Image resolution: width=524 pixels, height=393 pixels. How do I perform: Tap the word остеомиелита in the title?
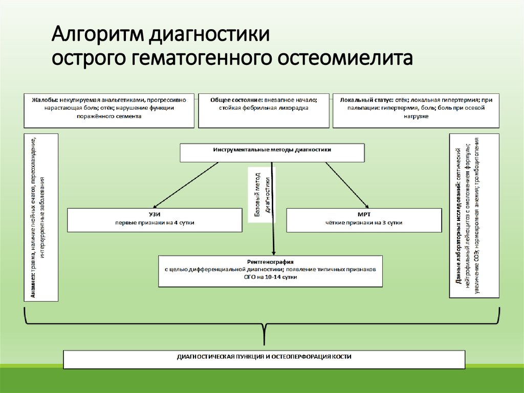(344, 58)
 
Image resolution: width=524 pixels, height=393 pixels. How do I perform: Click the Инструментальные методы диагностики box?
(272, 150)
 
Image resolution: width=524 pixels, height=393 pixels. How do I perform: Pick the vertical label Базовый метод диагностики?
(261, 195)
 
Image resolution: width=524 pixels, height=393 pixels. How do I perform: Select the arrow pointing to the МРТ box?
(348, 186)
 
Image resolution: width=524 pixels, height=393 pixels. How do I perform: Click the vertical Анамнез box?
(41, 217)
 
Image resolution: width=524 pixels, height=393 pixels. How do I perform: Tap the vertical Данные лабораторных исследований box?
(474, 215)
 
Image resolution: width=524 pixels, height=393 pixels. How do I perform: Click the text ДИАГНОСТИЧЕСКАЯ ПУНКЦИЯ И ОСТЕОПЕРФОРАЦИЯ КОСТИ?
(264, 356)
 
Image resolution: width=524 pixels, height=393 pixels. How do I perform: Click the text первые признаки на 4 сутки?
(155, 223)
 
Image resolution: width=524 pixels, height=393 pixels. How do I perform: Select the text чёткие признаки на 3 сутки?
(364, 223)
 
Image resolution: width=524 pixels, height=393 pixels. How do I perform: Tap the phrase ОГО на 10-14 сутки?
(271, 277)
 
